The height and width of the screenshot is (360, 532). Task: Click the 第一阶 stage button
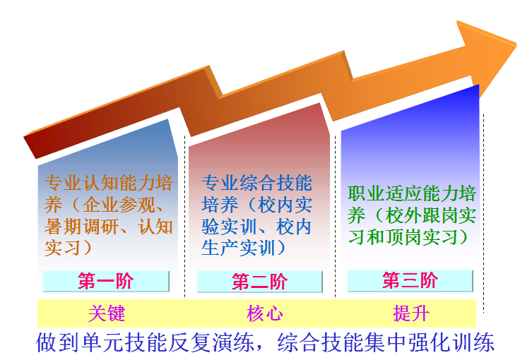106,281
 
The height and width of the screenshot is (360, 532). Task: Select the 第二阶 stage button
259,282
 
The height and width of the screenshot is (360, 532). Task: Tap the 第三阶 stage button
410,281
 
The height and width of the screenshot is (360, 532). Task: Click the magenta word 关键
107,313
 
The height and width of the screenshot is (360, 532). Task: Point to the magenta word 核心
265,313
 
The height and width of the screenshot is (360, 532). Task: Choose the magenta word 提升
411,313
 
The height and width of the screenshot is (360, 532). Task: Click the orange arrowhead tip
516,44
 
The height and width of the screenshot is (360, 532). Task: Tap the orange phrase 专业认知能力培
109,183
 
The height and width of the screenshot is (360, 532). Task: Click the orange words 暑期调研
81,227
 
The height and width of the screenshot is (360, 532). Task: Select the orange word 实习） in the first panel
68,248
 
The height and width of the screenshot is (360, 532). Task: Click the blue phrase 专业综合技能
257,183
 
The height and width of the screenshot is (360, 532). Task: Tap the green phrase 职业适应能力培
412,193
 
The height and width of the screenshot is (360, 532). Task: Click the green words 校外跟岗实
431,215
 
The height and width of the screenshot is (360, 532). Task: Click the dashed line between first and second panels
185,217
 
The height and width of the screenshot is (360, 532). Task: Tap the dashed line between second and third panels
335,217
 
